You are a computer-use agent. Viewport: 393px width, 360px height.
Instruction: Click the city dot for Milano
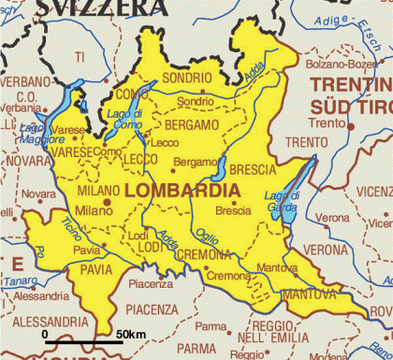[108, 200]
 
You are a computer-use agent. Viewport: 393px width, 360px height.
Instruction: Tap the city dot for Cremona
[205, 266]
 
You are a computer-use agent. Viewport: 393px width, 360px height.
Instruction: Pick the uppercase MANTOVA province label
[310, 294]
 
